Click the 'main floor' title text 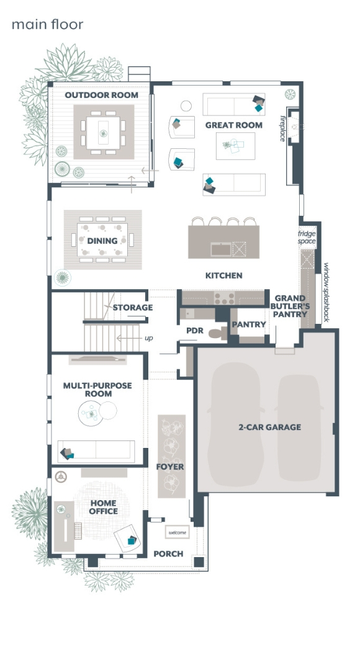tap(47, 25)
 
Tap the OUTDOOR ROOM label tap(101, 95)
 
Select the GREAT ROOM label tap(233, 125)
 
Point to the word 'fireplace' tap(282, 128)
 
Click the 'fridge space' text tap(307, 238)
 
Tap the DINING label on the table tap(102, 241)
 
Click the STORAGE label tap(133, 307)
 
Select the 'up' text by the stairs tap(148, 338)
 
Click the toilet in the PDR tap(218, 333)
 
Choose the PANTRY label tap(249, 324)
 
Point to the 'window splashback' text tap(326, 292)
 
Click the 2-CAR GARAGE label tap(270, 427)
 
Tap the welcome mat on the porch tap(178, 532)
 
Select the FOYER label tap(170, 467)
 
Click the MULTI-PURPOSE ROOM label tap(97, 390)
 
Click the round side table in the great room tap(186, 105)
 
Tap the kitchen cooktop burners tap(225, 298)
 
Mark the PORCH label tap(168, 554)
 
